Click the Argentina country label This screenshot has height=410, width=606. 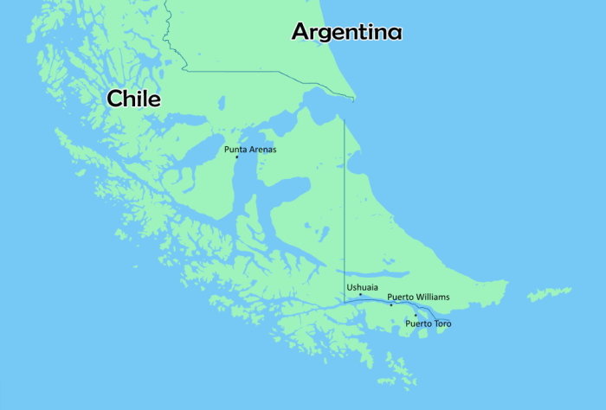pos(346,32)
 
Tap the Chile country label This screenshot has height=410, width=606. pos(133,99)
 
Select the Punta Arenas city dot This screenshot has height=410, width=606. pos(236,157)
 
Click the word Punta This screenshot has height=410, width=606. pos(236,150)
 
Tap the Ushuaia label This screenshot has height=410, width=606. pos(362,286)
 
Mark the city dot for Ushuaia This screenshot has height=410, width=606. pos(360,295)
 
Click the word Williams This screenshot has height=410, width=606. pos(431,297)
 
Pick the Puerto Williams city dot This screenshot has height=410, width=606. pos(391,304)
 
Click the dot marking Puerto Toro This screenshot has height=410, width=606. pos(415,316)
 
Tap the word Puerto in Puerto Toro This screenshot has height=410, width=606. pos(417,324)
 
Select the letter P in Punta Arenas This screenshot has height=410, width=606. pos(227,150)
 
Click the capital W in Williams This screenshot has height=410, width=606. pos(417,297)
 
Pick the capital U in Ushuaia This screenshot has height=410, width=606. pos(350,286)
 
